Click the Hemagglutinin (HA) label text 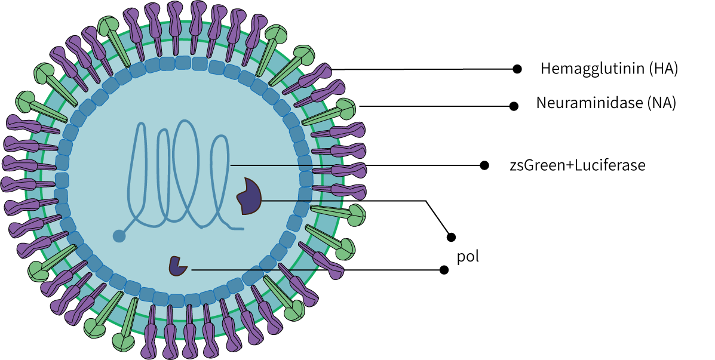tap(609, 69)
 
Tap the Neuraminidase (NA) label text tap(606, 103)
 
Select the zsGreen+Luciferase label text tap(577, 165)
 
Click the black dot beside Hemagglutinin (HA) tap(518, 69)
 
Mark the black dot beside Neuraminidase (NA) tap(513, 106)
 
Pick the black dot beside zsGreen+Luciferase tap(484, 165)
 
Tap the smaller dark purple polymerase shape tap(177, 266)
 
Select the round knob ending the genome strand tap(119, 236)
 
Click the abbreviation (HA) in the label tap(664, 69)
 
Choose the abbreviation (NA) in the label tap(662, 103)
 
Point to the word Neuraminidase tap(590, 103)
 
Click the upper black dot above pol tap(452, 237)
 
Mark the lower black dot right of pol tap(444, 270)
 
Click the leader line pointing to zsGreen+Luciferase tap(358, 165)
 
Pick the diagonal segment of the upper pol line tap(438, 218)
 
